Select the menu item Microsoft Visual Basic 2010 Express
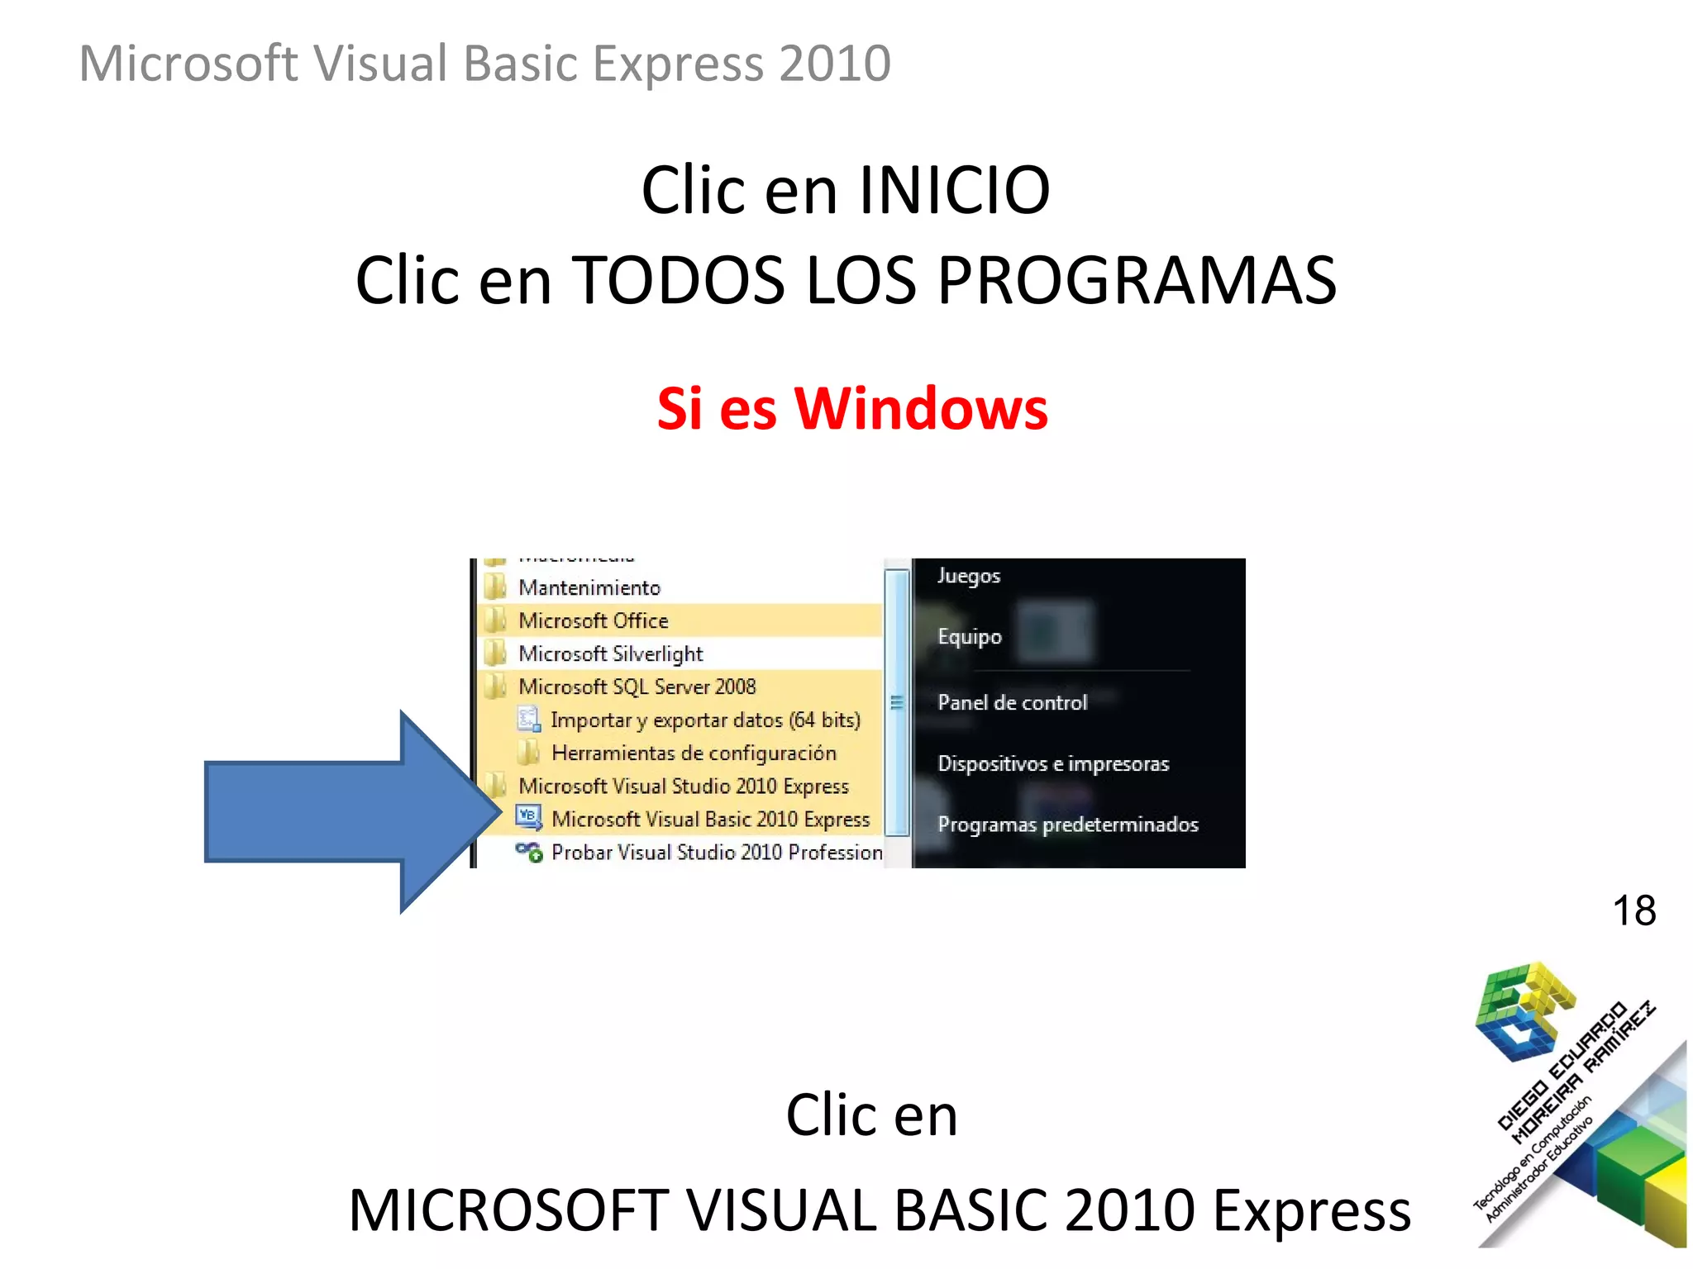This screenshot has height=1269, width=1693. (x=710, y=819)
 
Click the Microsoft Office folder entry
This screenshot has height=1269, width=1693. (x=593, y=620)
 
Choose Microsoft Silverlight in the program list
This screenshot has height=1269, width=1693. (x=610, y=654)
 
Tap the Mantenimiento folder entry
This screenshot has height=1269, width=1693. (x=589, y=587)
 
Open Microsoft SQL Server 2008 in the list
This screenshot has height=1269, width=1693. (x=637, y=687)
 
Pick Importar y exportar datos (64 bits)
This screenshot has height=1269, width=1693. (x=705, y=720)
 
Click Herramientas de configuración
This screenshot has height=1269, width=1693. (x=694, y=753)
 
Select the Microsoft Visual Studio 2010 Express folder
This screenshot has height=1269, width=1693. (x=683, y=786)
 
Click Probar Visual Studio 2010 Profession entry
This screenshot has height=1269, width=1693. (x=716, y=852)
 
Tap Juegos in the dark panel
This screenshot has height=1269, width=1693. (x=968, y=576)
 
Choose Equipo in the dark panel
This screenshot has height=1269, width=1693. (x=969, y=637)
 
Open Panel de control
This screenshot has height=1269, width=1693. (x=1012, y=702)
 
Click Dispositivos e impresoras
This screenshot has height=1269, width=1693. (x=1052, y=763)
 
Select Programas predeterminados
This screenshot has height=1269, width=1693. (x=1067, y=824)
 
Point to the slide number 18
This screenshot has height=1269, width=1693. (x=1633, y=910)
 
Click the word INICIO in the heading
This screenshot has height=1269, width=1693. (x=954, y=190)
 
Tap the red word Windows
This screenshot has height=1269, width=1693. (x=920, y=408)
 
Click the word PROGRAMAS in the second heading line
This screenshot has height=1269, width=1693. (x=1137, y=281)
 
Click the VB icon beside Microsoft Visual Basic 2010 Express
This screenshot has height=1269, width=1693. (x=527, y=817)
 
